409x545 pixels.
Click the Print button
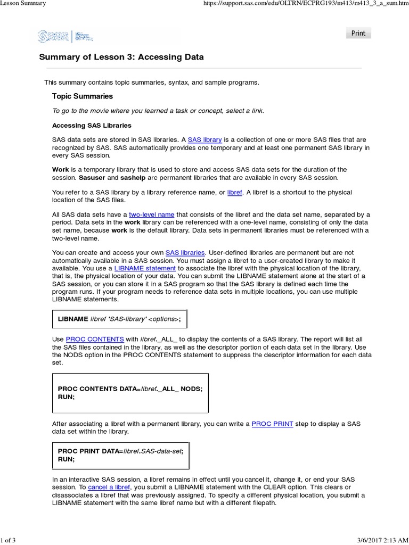[358, 33]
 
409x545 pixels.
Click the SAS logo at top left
[53, 36]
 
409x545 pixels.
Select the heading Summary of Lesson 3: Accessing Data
[121, 57]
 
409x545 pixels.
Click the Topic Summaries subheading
[82, 96]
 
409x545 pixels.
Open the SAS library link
[204, 139]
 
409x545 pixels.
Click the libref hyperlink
[234, 192]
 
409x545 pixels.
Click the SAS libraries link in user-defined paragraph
[185, 252]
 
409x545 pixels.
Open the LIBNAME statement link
[145, 268]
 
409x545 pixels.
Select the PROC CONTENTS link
[95, 339]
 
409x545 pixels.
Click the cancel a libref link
[109, 487]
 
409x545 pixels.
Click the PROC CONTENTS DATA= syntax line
[130, 389]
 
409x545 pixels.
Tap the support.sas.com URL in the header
[310, 4]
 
